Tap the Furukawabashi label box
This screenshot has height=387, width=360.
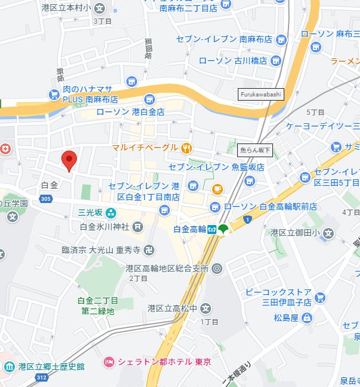pyautogui.click(x=260, y=94)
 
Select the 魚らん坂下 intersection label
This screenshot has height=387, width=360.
pyautogui.click(x=255, y=151)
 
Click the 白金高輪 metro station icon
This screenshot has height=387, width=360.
pyautogui.click(x=212, y=229)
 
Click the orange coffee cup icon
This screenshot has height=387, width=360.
pyautogui.click(x=217, y=189)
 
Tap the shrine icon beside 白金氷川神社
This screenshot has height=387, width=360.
pyautogui.click(x=138, y=226)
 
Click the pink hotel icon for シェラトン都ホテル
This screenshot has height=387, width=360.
pyautogui.click(x=108, y=362)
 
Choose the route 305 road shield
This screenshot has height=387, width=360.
pyautogui.click(x=45, y=199)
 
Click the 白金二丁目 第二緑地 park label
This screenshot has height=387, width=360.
pyautogui.click(x=98, y=305)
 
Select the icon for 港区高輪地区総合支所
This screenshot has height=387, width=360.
pyautogui.click(x=216, y=269)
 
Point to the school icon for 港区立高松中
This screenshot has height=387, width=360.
pyautogui.click(x=206, y=308)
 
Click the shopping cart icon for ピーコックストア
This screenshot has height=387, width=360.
pyautogui.click(x=320, y=297)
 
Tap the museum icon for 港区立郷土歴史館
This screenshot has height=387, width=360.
pyautogui.click(x=10, y=366)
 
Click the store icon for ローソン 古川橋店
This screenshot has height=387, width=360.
pyautogui.click(x=275, y=60)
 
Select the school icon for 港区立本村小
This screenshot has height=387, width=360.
pyautogui.click(x=99, y=8)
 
